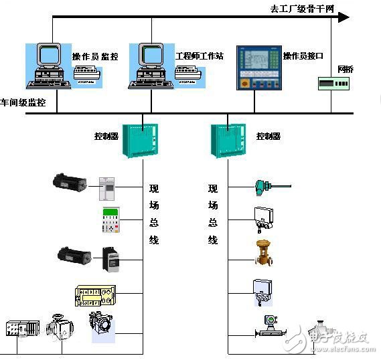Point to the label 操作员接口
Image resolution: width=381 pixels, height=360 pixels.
(x=303, y=56)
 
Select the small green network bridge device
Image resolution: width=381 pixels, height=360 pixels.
(x=333, y=84)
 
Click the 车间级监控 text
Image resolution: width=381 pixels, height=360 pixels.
(x=23, y=102)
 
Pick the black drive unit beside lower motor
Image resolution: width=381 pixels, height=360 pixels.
(x=110, y=259)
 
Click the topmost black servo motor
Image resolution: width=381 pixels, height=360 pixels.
(x=70, y=182)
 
